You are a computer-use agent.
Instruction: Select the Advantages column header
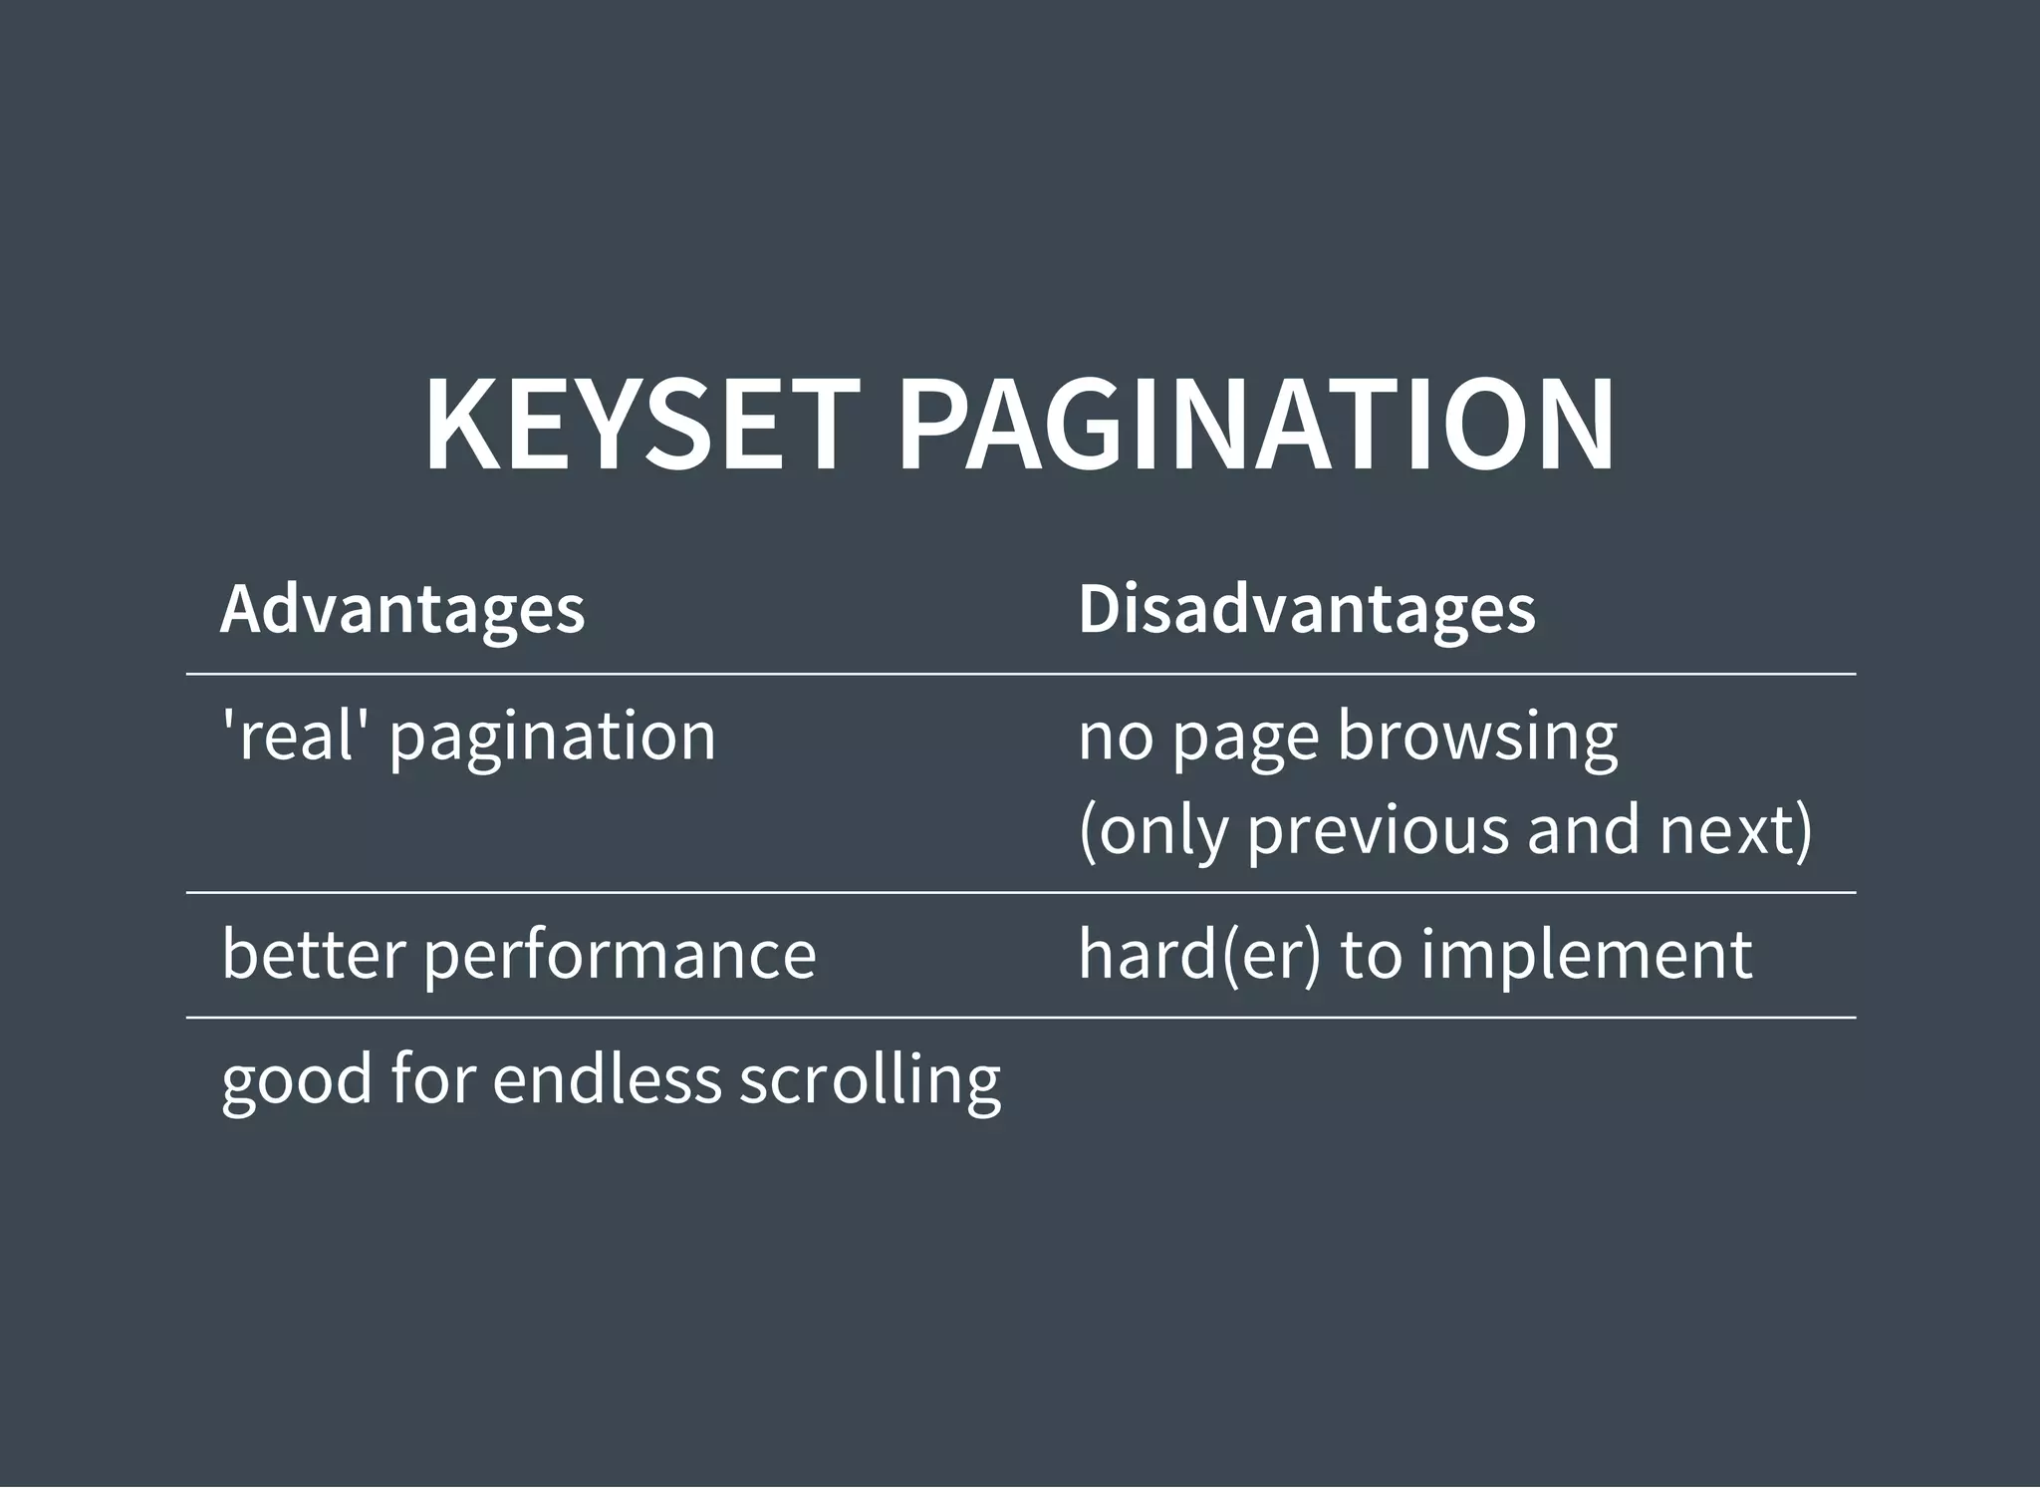coord(402,608)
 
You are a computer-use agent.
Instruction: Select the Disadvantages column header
coord(1307,608)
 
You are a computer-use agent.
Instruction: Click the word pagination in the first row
coord(553,738)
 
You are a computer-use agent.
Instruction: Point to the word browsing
coord(1477,738)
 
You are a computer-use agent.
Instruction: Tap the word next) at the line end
coord(1735,829)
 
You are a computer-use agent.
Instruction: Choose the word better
coord(314,954)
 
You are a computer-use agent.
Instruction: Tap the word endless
coord(607,1078)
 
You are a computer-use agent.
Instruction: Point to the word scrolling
coord(870,1080)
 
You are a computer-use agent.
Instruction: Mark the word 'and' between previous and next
coord(1583,829)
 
